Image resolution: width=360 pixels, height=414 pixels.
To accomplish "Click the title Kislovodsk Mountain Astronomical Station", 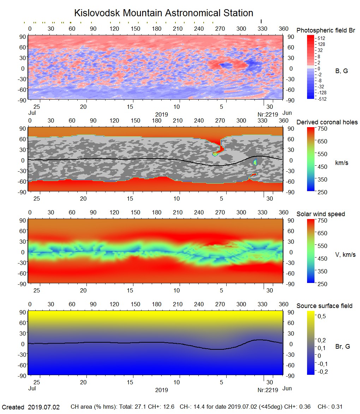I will [x=163, y=13].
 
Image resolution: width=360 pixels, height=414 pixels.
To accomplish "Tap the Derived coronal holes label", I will [x=327, y=122].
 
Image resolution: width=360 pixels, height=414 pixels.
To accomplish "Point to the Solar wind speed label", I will [x=320, y=214].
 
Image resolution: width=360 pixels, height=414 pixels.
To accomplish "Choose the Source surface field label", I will [x=324, y=306].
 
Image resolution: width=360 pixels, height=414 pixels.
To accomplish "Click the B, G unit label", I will [x=341, y=71].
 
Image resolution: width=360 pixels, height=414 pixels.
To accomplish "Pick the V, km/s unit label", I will [x=345, y=255].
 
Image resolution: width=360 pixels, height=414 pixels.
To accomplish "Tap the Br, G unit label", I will [x=342, y=347].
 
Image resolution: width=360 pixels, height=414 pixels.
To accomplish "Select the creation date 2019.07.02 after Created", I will [x=44, y=407].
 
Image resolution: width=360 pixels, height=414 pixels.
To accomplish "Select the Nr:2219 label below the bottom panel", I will [x=268, y=390].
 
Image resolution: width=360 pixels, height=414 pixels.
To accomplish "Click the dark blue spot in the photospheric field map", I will [x=223, y=65].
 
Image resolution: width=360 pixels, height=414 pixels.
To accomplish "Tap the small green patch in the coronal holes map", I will [x=255, y=162].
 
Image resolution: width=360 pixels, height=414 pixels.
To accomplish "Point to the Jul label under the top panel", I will [x=32, y=113].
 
